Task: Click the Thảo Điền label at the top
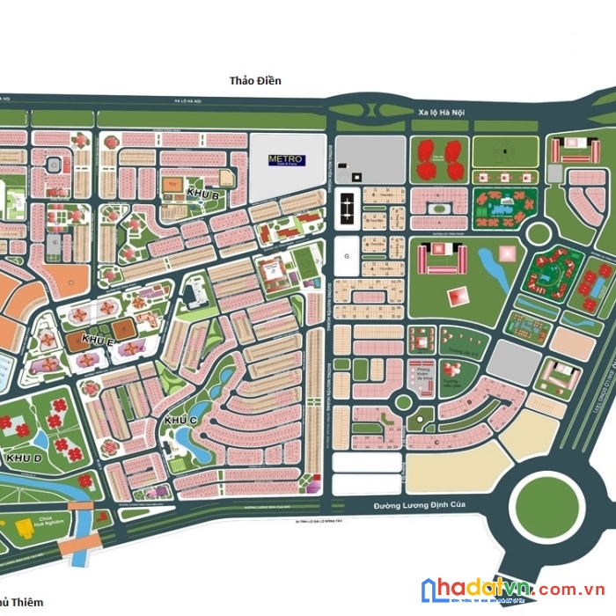click(255, 81)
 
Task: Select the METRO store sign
click(285, 159)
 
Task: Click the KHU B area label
click(202, 194)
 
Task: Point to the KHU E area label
click(98, 340)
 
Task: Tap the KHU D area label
click(24, 458)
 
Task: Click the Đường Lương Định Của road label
click(418, 505)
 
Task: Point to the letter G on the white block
click(347, 255)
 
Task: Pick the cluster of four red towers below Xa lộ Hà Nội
click(439, 158)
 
